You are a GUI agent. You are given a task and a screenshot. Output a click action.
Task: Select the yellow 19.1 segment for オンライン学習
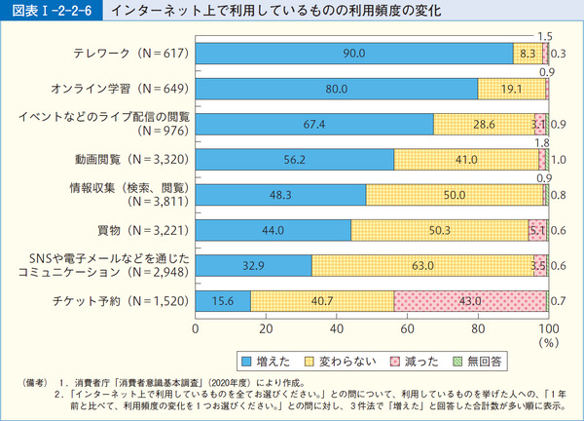click(x=511, y=89)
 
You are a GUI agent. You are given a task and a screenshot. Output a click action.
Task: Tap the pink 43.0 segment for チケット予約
click(x=470, y=301)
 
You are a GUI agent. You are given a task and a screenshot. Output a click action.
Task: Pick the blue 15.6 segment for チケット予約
click(x=223, y=301)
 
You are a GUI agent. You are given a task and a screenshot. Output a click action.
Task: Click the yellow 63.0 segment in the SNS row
click(x=422, y=265)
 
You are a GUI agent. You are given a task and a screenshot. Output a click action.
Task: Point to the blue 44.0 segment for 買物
click(x=273, y=230)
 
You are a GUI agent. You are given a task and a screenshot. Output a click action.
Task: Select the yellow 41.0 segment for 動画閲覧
click(x=466, y=159)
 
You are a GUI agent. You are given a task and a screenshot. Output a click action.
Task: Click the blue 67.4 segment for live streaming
click(x=314, y=124)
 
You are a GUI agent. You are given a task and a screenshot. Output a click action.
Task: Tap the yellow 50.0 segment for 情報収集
click(x=454, y=195)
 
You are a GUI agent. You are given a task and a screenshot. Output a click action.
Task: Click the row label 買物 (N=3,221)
click(x=132, y=230)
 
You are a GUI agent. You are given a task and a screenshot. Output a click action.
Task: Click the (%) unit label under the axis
click(x=551, y=343)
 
